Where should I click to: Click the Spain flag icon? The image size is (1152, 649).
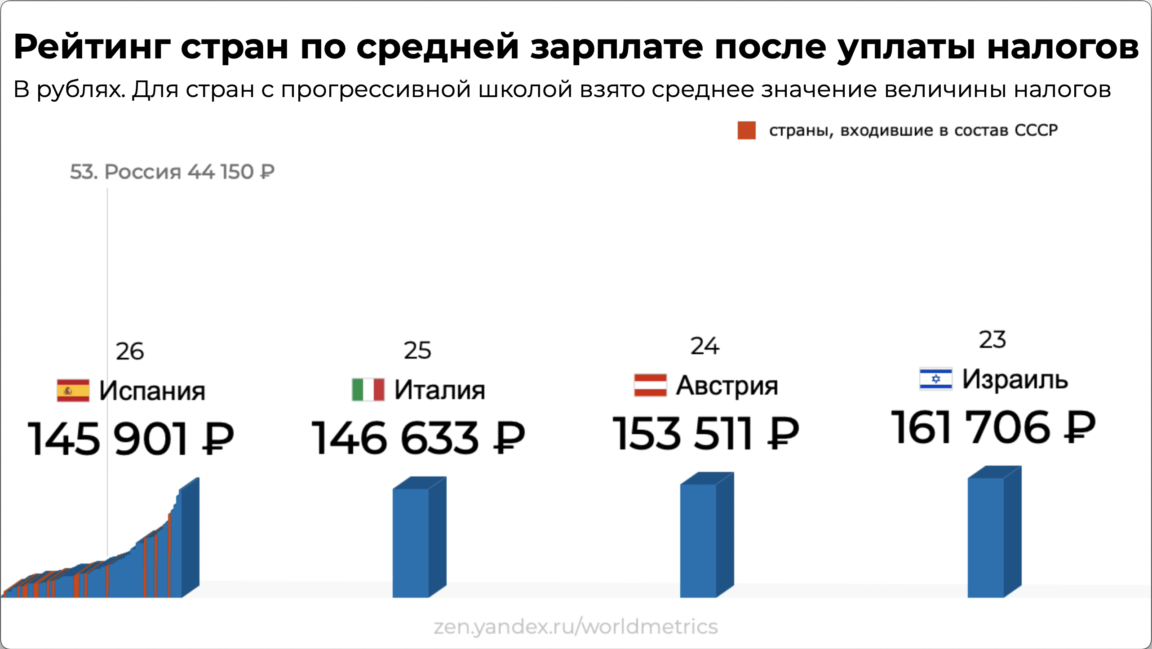point(73,390)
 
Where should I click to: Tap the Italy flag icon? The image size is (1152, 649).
point(368,389)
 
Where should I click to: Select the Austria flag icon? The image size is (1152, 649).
point(650,385)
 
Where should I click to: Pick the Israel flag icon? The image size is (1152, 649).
point(935,378)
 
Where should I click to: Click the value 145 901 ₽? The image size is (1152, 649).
point(130,439)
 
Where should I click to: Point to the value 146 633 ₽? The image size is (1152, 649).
point(418,438)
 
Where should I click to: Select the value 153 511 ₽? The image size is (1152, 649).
point(705,433)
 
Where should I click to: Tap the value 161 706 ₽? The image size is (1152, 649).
point(993,427)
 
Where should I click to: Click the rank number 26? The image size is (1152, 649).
point(129,351)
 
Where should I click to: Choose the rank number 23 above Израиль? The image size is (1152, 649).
point(992,340)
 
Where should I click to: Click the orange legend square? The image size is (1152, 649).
point(746,130)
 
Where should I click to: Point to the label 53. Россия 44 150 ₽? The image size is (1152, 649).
point(172,172)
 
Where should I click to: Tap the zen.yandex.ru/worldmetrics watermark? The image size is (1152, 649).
point(576,626)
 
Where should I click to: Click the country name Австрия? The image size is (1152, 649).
point(727,386)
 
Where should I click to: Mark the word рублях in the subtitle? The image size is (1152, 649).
point(80,89)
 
